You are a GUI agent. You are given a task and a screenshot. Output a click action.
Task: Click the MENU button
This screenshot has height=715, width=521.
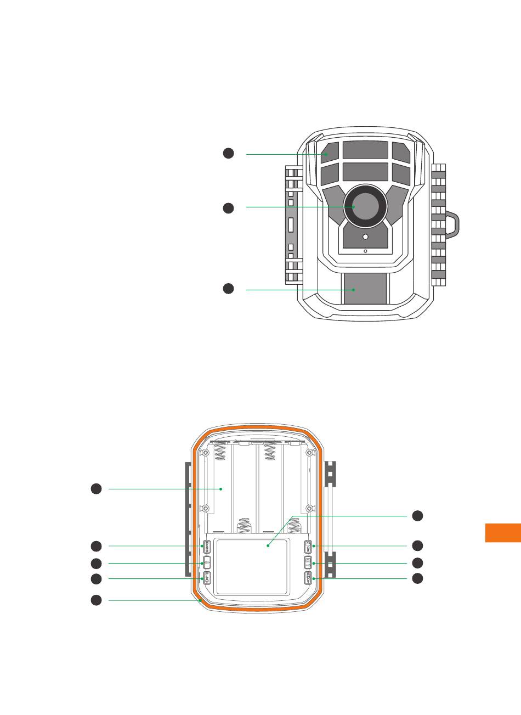pyautogui.click(x=207, y=547)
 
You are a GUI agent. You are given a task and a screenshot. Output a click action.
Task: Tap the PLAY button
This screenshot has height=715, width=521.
pyautogui.click(x=207, y=578)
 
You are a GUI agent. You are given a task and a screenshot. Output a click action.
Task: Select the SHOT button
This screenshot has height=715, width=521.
pyautogui.click(x=308, y=578)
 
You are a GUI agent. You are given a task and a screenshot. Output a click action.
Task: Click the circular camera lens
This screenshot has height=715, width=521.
pyautogui.click(x=365, y=206)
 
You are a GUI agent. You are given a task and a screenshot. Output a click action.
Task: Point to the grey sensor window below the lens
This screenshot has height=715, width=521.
pyautogui.click(x=365, y=289)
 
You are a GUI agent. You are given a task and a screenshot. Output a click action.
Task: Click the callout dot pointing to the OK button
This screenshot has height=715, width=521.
pyautogui.click(x=417, y=545)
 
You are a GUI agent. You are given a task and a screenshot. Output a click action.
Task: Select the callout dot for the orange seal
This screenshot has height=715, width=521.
pyautogui.click(x=95, y=600)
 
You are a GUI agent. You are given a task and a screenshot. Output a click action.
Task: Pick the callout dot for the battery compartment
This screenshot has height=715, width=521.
pyautogui.click(x=95, y=488)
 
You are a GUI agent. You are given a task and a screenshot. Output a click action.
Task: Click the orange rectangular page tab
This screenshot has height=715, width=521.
pyautogui.click(x=503, y=532)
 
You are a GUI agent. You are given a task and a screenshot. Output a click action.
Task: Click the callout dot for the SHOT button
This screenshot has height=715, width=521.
pyautogui.click(x=417, y=578)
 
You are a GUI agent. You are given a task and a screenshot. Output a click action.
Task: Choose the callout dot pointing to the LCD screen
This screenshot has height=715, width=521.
pyautogui.click(x=417, y=515)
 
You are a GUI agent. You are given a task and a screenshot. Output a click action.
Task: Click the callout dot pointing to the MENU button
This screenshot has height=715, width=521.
pyautogui.click(x=95, y=545)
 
